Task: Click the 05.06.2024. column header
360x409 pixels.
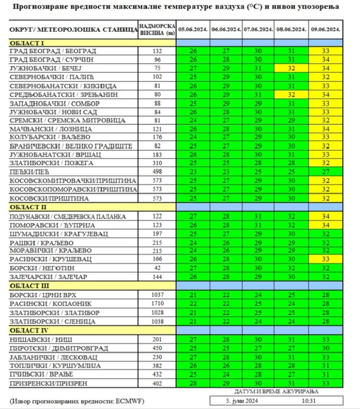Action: pos(193,29)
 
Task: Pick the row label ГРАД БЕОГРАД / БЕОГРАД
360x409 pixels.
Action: pos(53,51)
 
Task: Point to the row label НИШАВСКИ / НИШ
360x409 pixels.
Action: pos(41,339)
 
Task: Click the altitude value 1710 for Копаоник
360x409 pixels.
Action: pos(157,304)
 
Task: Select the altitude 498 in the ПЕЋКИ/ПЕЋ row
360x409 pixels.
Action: pos(157,172)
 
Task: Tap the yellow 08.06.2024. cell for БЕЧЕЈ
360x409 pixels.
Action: pos(291,69)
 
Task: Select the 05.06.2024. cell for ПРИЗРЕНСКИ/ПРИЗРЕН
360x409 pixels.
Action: pos(193,383)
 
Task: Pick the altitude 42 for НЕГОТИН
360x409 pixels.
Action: pos(157,268)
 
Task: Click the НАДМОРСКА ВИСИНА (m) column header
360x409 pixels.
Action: pos(157,29)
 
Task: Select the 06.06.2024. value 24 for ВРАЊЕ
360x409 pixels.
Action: pos(226,375)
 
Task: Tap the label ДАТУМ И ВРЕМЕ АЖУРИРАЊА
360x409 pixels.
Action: pos(276,391)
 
